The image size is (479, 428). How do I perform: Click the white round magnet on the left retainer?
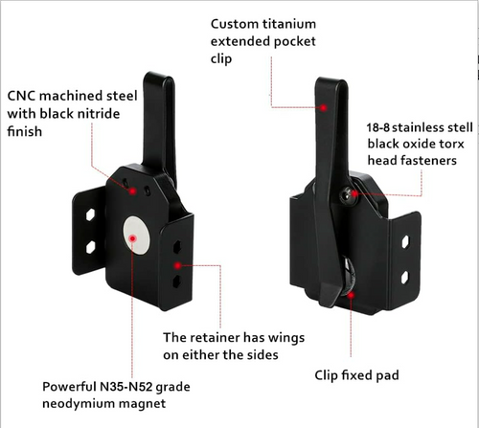pos(136,236)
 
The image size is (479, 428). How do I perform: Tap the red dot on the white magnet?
pos(133,238)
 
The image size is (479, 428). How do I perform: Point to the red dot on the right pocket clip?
pos(324,108)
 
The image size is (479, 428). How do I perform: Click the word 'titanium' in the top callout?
pos(289,24)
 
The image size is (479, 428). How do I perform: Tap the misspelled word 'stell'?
pos(460,127)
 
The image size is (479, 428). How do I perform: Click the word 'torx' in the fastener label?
pos(451,144)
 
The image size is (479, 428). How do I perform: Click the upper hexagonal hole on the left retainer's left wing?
pos(91,214)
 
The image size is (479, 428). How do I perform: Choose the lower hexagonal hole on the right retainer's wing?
pos(405,277)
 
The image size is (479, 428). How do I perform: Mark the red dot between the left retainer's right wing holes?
pos(178,265)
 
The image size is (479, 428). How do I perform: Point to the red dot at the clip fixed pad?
pos(351,295)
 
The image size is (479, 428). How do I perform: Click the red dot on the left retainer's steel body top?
pos(132,191)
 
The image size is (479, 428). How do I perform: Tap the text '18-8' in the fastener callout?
pos(378,127)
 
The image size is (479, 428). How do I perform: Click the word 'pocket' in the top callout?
pos(295,42)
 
